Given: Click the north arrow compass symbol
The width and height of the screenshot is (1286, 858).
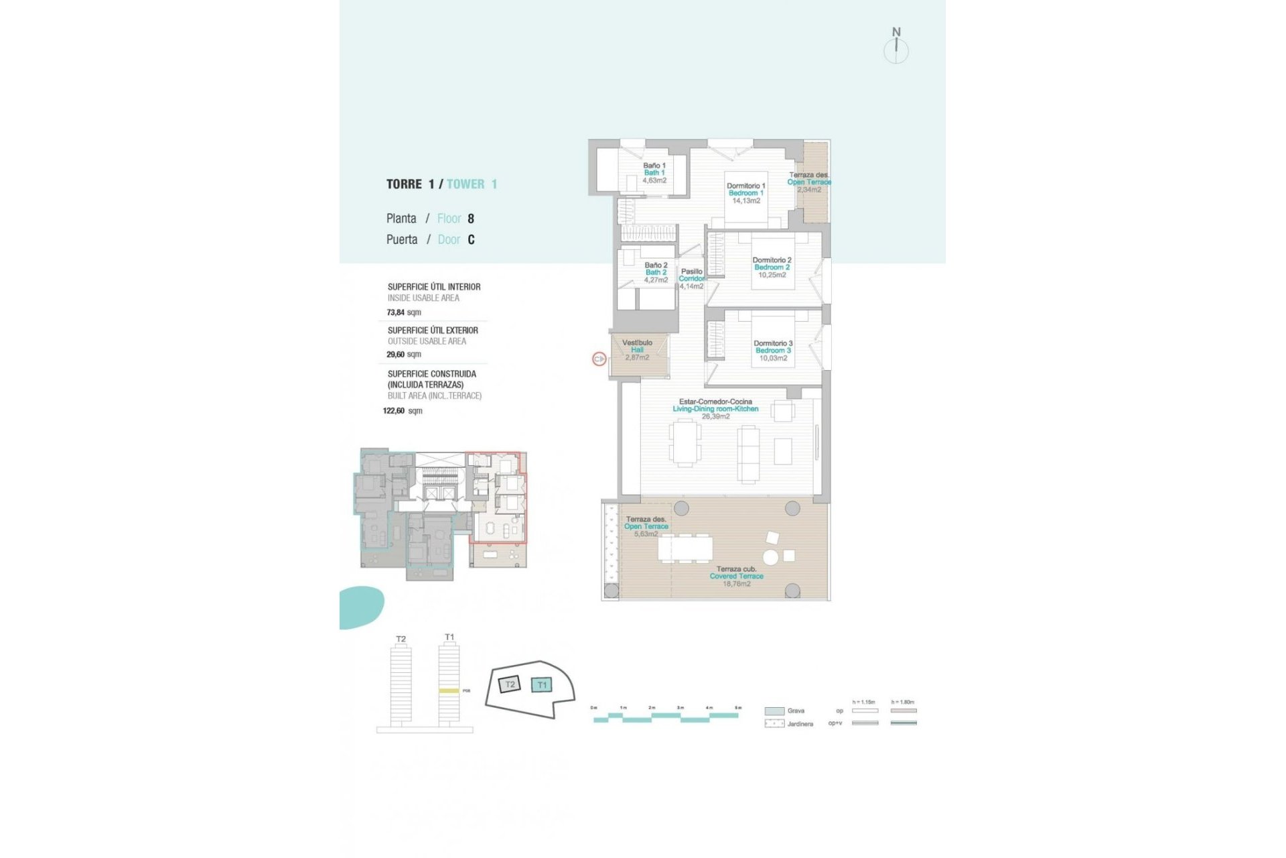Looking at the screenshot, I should point(896,49).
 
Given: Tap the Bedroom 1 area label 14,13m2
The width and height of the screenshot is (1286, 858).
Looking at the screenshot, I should point(746,201).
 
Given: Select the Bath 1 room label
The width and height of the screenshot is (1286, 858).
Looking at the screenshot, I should point(654,173).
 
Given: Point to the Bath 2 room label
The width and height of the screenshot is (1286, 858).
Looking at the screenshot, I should point(656,272).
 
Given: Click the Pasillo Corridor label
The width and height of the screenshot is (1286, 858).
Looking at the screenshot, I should point(692,275).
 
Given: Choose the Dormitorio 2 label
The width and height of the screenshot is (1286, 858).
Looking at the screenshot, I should point(772,260).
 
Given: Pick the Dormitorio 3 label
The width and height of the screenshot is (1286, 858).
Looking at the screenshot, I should point(773,343).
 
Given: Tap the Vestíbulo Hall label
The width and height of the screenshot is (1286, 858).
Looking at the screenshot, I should point(637,346).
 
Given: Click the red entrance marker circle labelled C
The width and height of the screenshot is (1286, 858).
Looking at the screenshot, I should point(599,359).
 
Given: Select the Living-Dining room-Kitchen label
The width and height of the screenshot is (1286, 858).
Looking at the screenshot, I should point(715,408).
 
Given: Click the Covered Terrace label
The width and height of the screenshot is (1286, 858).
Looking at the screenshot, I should point(736,576).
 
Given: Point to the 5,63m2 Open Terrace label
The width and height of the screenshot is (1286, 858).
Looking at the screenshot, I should point(646,534).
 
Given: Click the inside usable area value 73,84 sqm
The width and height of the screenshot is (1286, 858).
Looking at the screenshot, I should point(404,312).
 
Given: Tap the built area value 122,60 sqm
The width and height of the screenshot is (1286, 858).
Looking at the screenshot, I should point(402,411).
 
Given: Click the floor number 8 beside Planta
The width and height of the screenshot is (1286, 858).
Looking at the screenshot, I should point(471,219).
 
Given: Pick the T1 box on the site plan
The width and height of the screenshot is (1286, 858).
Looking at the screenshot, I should point(542,684).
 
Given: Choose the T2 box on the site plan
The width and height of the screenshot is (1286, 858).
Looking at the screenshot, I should point(510,684).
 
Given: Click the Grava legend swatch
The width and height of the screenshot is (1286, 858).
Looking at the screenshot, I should point(774,711).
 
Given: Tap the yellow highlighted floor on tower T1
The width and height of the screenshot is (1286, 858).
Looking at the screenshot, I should point(449,690).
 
